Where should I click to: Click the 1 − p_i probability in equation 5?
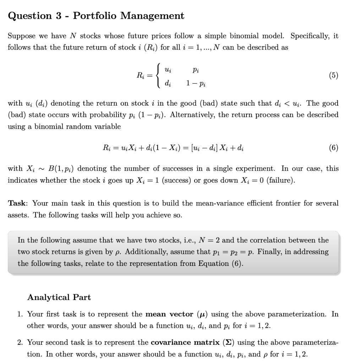[x=196, y=84]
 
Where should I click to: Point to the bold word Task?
[x=18, y=203]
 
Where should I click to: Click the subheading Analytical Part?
[x=59, y=297]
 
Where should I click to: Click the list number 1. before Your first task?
[x=21, y=314]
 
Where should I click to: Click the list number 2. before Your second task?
[x=21, y=343]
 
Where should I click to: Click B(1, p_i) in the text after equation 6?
[x=59, y=168]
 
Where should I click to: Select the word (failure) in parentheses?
[x=281, y=180]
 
